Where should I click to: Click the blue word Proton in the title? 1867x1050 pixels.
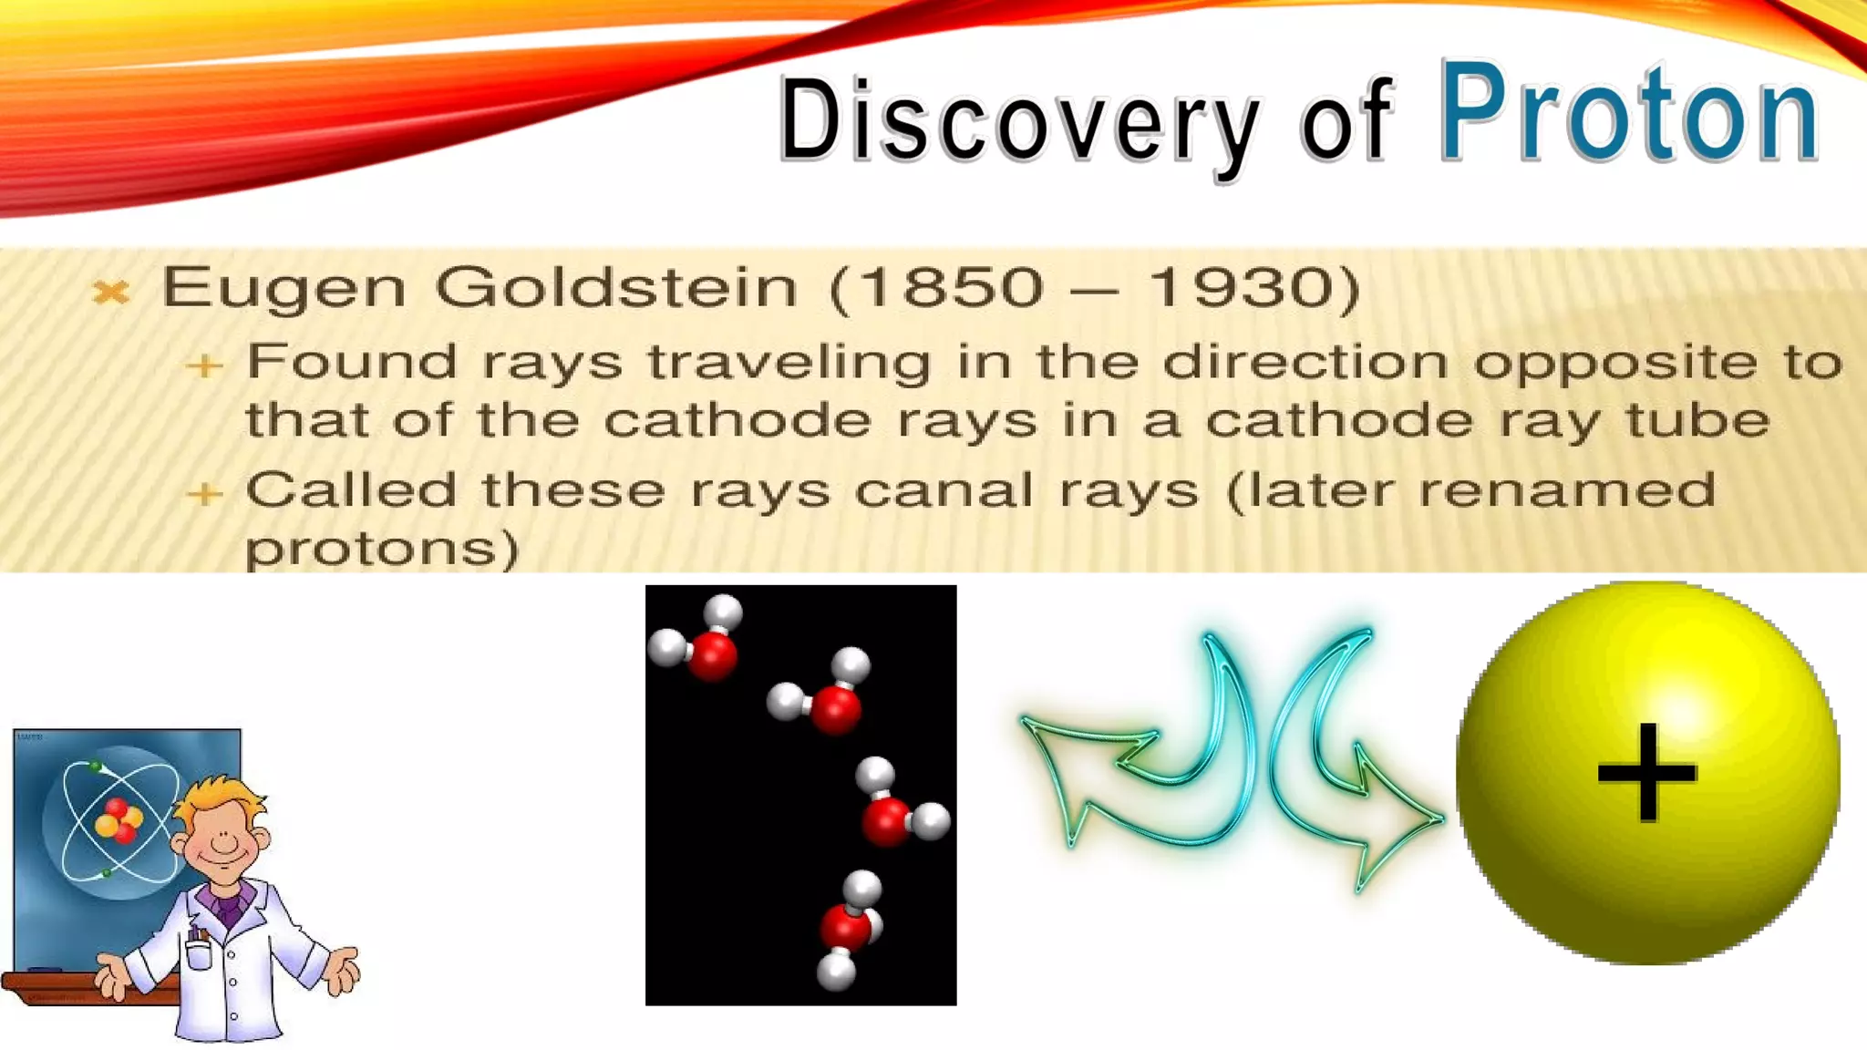point(1628,113)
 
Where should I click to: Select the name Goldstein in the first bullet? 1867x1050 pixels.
point(616,288)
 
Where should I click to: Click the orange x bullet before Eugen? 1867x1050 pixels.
point(111,292)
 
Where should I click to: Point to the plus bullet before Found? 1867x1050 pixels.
point(204,365)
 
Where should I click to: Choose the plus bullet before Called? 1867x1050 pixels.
point(204,494)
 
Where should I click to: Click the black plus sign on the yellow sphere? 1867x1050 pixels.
point(1646,773)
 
